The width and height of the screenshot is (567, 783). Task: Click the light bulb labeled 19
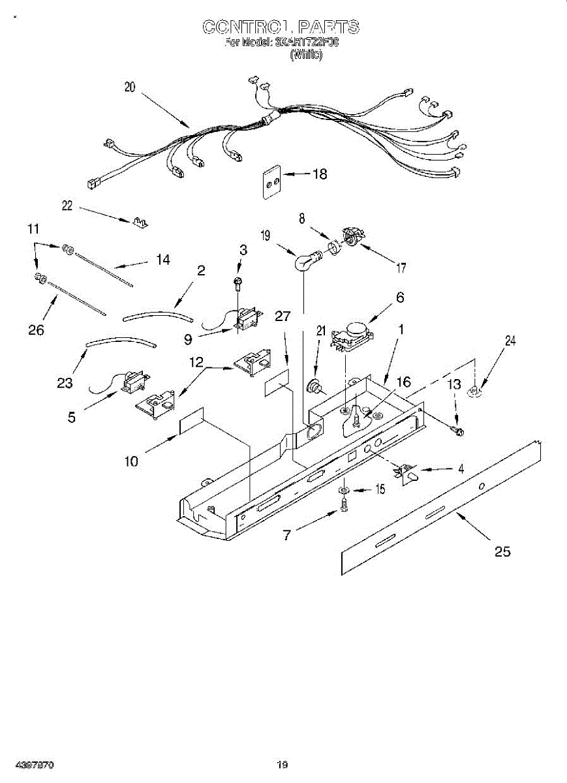point(304,263)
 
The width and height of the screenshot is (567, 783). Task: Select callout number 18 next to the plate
point(320,174)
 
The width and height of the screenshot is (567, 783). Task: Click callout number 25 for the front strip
point(502,552)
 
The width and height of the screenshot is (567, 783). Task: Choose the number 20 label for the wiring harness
point(130,87)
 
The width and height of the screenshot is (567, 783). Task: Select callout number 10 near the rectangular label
point(131,461)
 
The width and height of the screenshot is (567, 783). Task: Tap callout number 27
point(282,316)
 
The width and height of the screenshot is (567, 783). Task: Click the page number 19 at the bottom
point(282,765)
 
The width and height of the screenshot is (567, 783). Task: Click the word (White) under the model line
point(306,55)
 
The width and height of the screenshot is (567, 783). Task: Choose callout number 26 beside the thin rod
point(36,330)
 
